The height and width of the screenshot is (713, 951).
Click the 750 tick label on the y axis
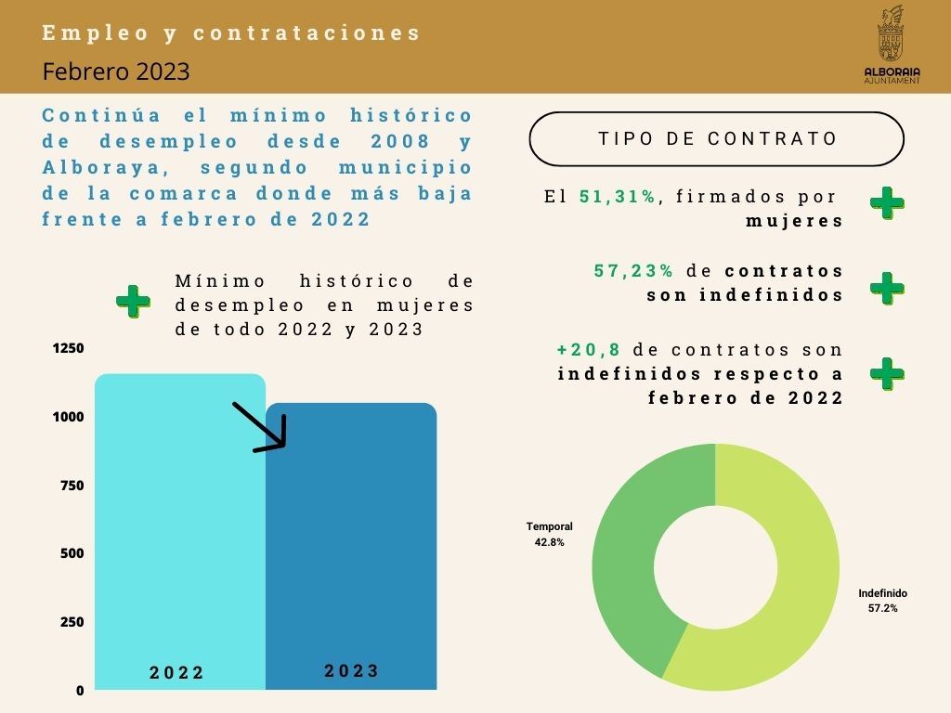72,486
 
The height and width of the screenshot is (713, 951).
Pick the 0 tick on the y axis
80,691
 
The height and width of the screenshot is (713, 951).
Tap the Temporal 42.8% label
549,534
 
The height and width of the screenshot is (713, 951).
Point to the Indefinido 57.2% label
882,601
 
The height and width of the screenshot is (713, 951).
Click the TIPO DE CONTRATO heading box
716,139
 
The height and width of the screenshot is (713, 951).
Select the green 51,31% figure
618,197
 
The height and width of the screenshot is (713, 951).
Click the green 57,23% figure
634,271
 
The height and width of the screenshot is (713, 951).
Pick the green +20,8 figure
588,350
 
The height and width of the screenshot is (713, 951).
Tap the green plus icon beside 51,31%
887,202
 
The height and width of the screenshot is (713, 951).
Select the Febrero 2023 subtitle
116,71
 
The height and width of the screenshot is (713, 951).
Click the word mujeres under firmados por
795,221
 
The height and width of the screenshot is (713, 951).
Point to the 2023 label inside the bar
352,671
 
